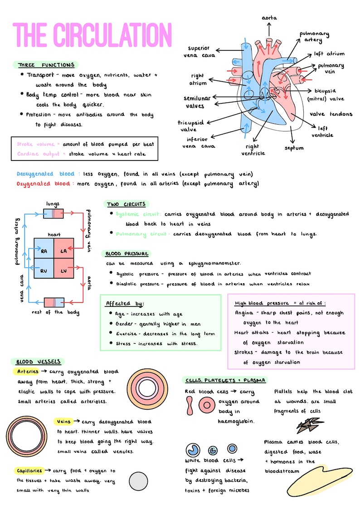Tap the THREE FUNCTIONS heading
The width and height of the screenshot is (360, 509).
pyautogui.click(x=45, y=65)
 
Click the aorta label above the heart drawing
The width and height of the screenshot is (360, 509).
pyautogui.click(x=269, y=18)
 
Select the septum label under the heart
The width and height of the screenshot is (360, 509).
pyautogui.click(x=294, y=148)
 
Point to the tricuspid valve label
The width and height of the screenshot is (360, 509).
pyautogui.click(x=190, y=126)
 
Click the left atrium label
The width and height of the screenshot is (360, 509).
pyautogui.click(x=329, y=53)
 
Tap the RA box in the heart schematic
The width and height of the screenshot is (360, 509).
pyautogui.click(x=44, y=251)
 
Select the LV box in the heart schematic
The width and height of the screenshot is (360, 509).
pyautogui.click(x=63, y=271)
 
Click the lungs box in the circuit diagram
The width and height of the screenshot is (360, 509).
pyautogui.click(x=54, y=213)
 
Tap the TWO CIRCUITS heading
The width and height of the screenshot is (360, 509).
pyautogui.click(x=126, y=204)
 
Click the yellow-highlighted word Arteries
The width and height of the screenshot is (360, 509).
pyautogui.click(x=28, y=372)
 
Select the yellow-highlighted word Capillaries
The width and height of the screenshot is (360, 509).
pyautogui.click(x=30, y=470)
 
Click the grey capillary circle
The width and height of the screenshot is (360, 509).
pyautogui.click(x=138, y=481)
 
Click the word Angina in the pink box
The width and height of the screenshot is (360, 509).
pyautogui.click(x=244, y=313)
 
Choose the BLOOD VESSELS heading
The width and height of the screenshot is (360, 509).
pyautogui.click(x=37, y=362)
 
